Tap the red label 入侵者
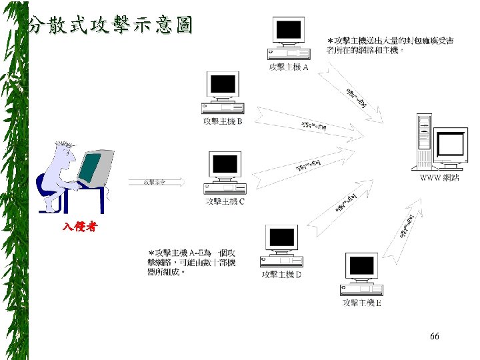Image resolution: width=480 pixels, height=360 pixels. coord(80,227)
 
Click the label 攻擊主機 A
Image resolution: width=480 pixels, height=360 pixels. coord(288,67)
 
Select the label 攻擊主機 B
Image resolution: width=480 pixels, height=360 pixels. coord(223,121)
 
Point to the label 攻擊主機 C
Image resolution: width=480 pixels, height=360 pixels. coord(225,201)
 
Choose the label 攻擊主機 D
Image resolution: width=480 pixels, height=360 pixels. coord(282,274)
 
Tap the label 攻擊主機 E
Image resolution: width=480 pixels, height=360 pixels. coord(361,303)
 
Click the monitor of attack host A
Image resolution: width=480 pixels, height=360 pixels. coord(289,30)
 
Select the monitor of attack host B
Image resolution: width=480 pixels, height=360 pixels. coord(223,85)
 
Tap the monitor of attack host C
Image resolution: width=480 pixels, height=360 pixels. coord(225,164)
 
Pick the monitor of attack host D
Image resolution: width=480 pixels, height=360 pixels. coord(282,237)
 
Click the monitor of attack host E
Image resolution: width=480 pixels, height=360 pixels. coord(361,266)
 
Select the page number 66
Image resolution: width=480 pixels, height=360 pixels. coord(435,337)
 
